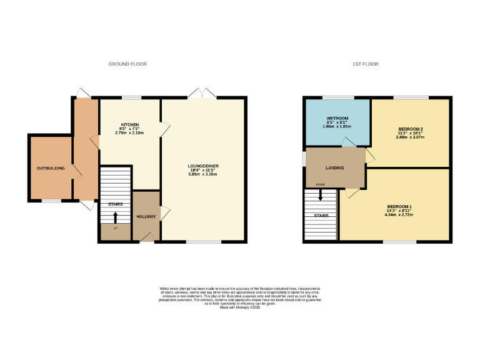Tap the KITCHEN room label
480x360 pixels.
(x=130, y=124)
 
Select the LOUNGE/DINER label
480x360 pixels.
(x=204, y=166)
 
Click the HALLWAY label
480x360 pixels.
(x=147, y=216)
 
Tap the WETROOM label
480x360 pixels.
(x=337, y=118)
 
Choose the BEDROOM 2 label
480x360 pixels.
(x=410, y=124)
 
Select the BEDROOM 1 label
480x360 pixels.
(x=400, y=207)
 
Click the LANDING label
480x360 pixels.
(x=336, y=168)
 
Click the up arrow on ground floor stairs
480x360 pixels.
(x=115, y=217)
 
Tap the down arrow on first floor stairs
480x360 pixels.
(x=321, y=195)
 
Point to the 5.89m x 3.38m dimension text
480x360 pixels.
(x=204, y=174)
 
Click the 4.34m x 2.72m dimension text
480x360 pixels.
(x=400, y=215)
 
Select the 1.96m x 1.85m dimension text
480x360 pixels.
(x=337, y=127)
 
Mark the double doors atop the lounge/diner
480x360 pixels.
(x=202, y=94)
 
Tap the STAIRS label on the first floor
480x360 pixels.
(x=321, y=216)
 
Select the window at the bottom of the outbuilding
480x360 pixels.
(x=51, y=201)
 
